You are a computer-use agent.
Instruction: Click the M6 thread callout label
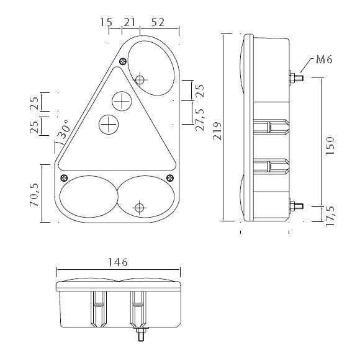pyautogui.click(x=324, y=60)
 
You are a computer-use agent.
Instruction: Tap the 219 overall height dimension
pyautogui.click(x=217, y=131)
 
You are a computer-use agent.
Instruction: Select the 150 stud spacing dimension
pyautogui.click(x=330, y=146)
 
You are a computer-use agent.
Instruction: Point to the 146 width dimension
pyautogui.click(x=117, y=262)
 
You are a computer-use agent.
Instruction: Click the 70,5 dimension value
pyautogui.click(x=34, y=195)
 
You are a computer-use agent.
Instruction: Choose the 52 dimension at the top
pyautogui.click(x=158, y=22)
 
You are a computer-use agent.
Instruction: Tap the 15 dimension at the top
pyautogui.click(x=106, y=22)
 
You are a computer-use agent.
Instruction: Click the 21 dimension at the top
pyautogui.click(x=129, y=22)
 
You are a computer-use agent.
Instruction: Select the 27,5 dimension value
pyautogui.click(x=199, y=120)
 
